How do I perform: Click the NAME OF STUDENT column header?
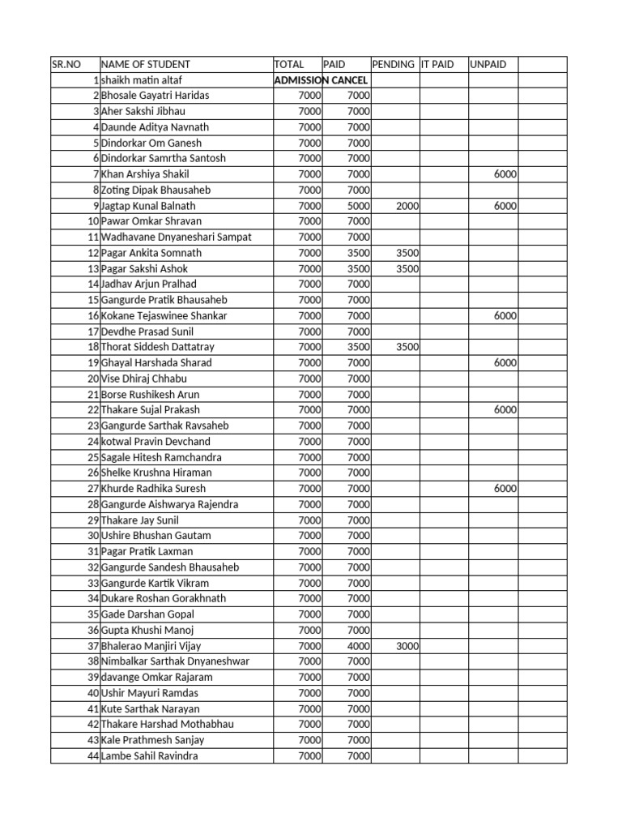(x=146, y=64)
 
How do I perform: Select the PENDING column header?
(x=393, y=64)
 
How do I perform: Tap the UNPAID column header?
(x=488, y=64)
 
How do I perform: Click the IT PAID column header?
(x=437, y=64)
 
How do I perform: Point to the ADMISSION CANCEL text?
(x=322, y=80)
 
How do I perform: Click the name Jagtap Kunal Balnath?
(x=148, y=206)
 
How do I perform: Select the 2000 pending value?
(x=407, y=206)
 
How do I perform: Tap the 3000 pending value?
(x=407, y=646)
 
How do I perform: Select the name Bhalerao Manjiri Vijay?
(x=151, y=646)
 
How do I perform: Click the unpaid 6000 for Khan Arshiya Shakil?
(x=505, y=174)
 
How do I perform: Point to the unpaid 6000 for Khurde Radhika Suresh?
(x=505, y=489)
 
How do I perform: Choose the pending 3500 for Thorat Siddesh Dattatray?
(x=407, y=347)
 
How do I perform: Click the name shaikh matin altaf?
(x=138, y=80)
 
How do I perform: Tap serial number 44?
(x=93, y=756)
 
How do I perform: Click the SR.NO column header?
(x=68, y=64)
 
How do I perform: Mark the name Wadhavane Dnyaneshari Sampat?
(x=176, y=237)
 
